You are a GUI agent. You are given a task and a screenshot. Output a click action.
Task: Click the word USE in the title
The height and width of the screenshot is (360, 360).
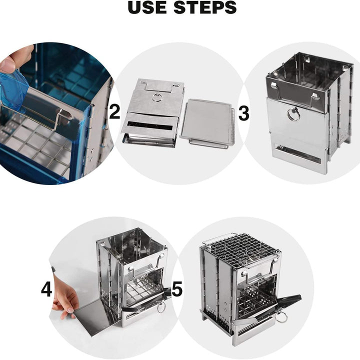(x=147, y=7)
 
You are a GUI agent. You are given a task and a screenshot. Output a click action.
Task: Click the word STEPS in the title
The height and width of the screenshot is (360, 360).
(x=205, y=7)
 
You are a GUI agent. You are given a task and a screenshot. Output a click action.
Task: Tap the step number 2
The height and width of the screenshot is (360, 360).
(x=114, y=112)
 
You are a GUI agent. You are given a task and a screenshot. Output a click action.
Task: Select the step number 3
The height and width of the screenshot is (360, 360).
(x=243, y=113)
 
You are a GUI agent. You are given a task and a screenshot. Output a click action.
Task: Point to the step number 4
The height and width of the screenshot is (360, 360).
(x=46, y=289)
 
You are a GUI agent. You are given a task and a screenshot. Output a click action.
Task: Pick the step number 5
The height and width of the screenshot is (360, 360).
(x=177, y=288)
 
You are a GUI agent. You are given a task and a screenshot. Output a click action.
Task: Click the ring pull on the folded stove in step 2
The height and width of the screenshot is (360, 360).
(x=157, y=97)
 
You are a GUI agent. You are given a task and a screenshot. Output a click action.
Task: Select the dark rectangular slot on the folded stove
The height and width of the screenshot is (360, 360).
(x=149, y=126)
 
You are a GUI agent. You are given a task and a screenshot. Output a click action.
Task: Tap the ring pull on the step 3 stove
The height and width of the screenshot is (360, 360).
(x=293, y=114)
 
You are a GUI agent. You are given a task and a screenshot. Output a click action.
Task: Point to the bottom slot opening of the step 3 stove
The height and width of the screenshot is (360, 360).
(x=298, y=153)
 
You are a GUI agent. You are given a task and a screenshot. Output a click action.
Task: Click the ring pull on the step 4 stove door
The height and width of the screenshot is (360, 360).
(x=161, y=308)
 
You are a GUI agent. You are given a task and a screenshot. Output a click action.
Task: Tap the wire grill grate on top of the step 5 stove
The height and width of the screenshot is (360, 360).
(x=240, y=250)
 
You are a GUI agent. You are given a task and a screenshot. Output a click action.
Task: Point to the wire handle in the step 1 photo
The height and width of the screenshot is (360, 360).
(x=39, y=115)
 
